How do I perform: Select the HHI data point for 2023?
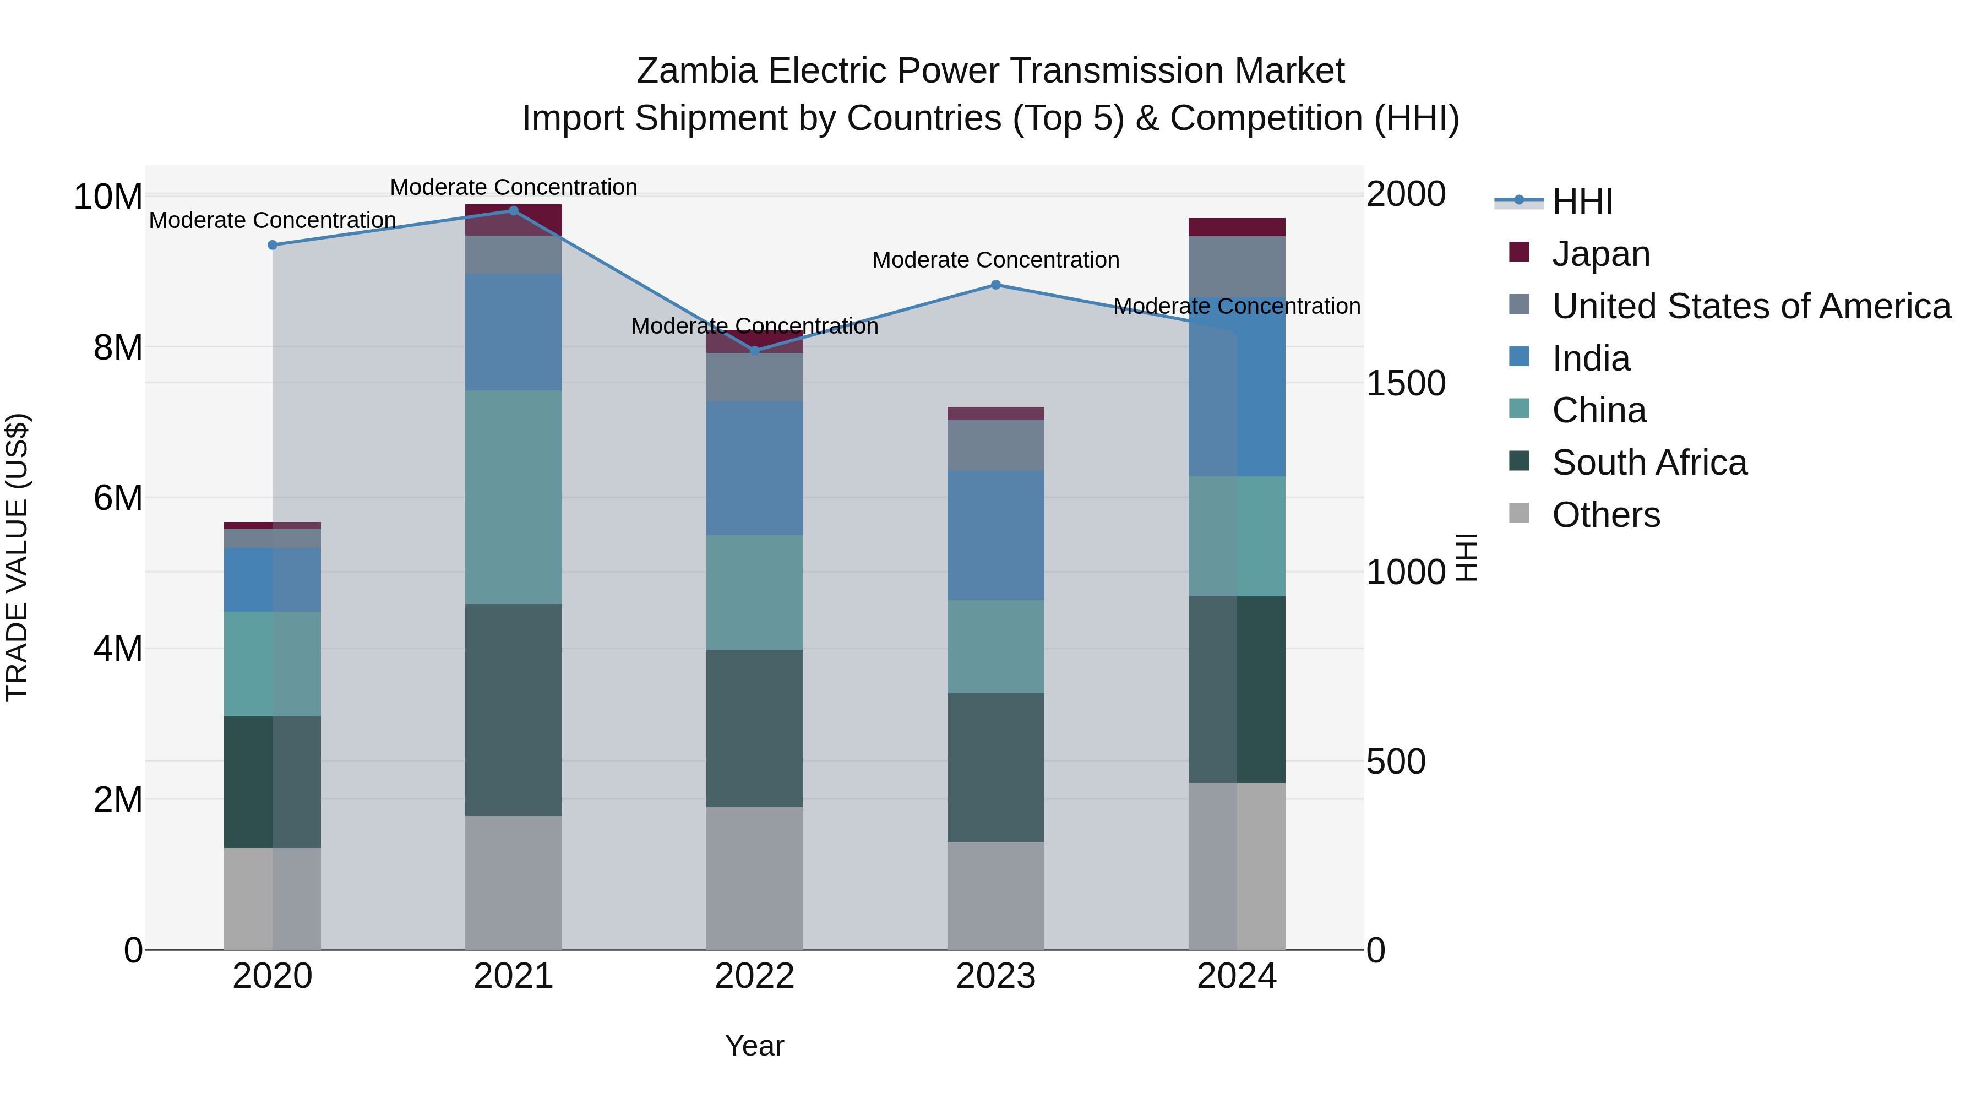(x=995, y=285)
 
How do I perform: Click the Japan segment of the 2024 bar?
(x=1237, y=227)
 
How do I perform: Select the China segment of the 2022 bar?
(x=754, y=592)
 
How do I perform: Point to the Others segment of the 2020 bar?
(x=273, y=898)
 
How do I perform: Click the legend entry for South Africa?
(x=1649, y=463)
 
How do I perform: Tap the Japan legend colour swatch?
(x=1519, y=252)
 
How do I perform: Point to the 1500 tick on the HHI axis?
(x=1405, y=383)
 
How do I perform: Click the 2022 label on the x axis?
(x=754, y=976)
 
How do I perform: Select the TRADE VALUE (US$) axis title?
(x=17, y=557)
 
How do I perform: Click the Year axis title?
(x=754, y=1046)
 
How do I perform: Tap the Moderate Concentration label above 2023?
(x=995, y=260)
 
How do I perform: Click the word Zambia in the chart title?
(x=696, y=71)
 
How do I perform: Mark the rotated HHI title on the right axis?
(x=1467, y=557)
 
